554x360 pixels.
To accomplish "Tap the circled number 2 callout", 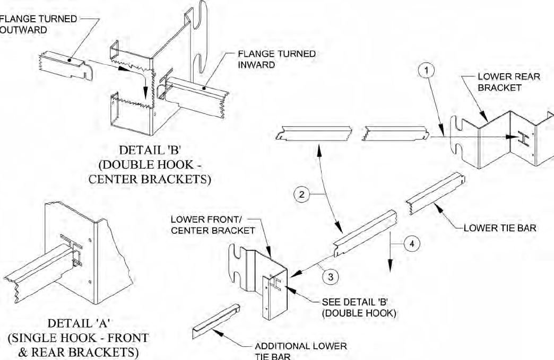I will [x=301, y=195].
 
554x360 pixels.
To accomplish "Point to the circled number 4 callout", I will [x=412, y=244].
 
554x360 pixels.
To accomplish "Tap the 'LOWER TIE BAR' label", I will [x=500, y=229].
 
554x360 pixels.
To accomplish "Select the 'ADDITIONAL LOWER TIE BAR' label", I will [x=300, y=350].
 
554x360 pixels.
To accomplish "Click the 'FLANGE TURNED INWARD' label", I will [x=276, y=59].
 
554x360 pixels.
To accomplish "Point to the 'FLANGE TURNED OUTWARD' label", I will [x=37, y=24].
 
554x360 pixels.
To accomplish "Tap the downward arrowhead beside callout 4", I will [x=391, y=267].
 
